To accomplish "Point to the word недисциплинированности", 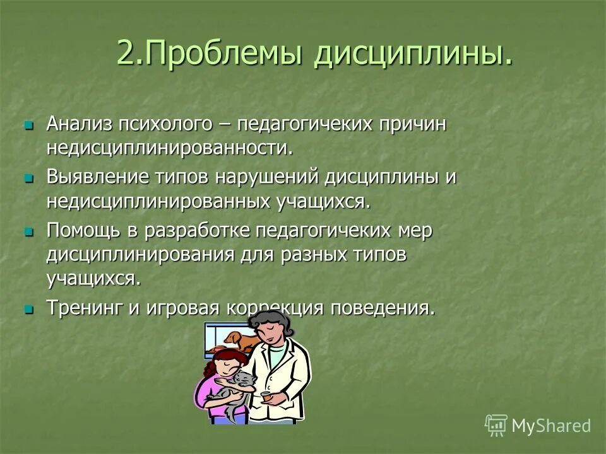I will (x=170, y=148).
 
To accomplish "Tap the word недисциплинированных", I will (x=157, y=202).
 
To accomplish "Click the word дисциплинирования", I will (x=143, y=255).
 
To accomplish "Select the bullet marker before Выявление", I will (x=28, y=178).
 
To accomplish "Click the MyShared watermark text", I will (x=550, y=426).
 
